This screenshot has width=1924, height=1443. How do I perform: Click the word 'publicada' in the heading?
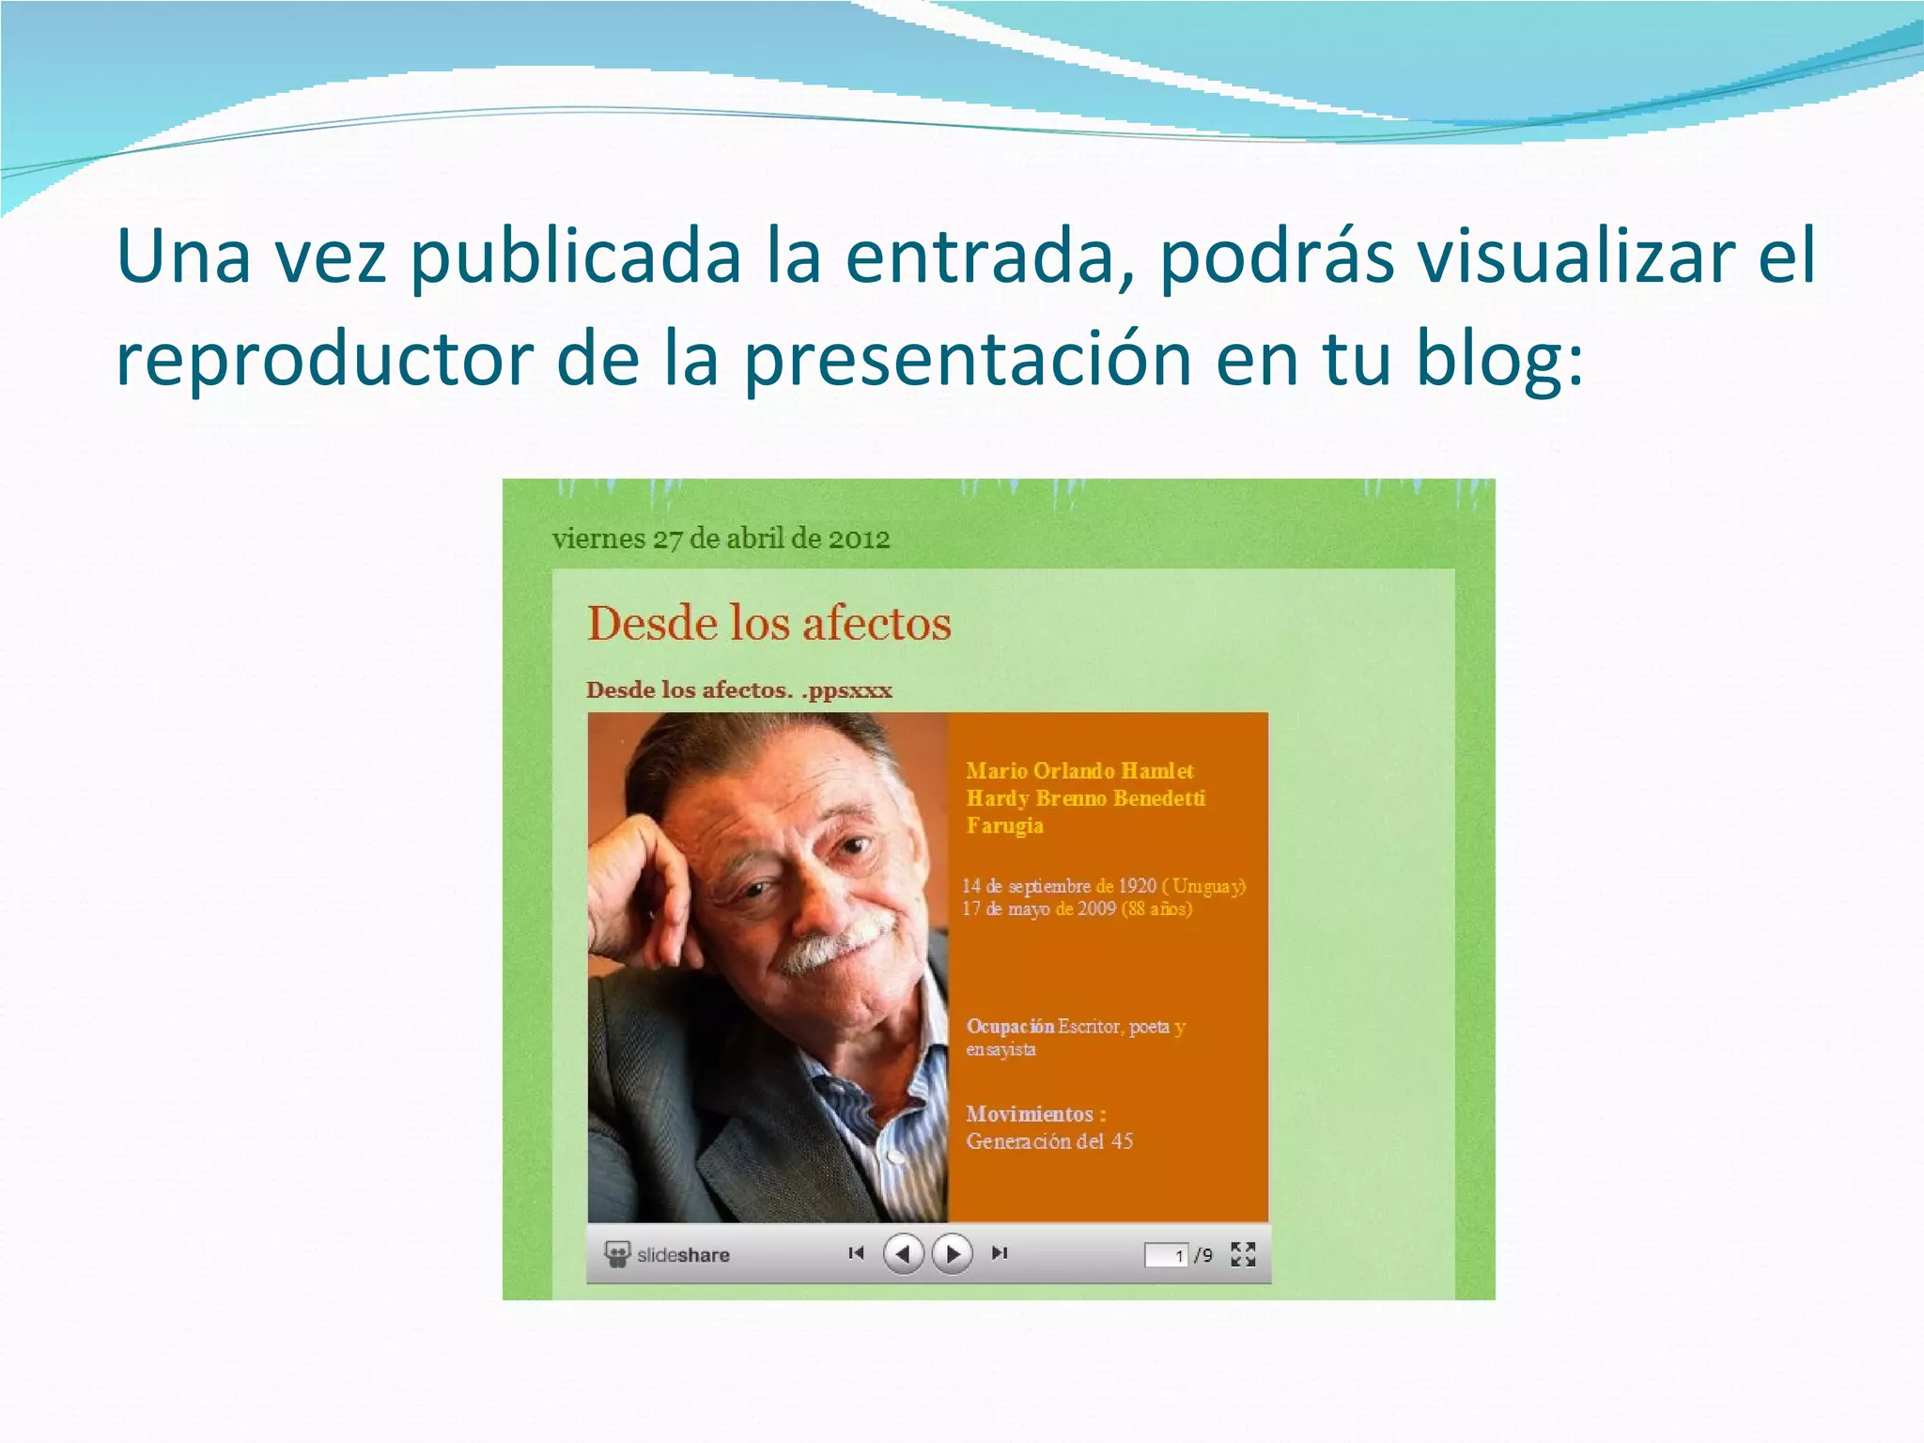coord(575,257)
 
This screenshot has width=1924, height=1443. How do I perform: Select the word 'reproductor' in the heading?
coord(324,361)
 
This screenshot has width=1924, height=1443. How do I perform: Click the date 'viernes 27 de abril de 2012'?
coord(721,539)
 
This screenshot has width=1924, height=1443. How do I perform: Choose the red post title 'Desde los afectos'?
coord(768,624)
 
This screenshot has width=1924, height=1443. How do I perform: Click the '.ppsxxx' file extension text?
coord(846,690)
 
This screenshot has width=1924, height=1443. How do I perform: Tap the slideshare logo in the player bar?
coord(668,1254)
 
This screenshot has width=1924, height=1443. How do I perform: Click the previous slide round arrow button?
coord(904,1253)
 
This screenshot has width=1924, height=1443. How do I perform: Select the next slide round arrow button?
coord(952,1253)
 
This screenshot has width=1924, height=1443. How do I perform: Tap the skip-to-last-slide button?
coord(1000,1253)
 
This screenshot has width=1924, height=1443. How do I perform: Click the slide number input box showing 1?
coord(1166,1255)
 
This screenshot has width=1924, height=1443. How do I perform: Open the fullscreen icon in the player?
coord(1243,1254)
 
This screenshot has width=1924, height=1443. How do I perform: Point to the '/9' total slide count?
coord(1203,1255)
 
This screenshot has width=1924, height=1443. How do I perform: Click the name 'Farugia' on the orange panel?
coord(1004,826)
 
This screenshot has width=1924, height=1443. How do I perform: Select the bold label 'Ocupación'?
coord(1010,1026)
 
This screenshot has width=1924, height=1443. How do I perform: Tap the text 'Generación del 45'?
coord(1049,1141)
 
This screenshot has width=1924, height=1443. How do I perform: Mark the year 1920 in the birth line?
coord(1137,886)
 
